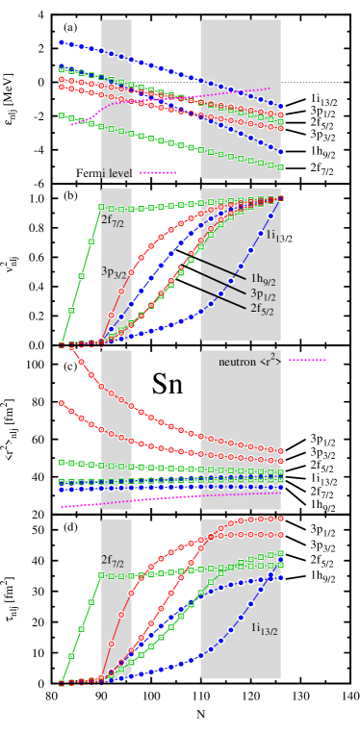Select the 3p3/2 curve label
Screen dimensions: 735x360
click(x=114, y=272)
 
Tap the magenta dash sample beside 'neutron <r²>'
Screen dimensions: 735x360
click(x=307, y=361)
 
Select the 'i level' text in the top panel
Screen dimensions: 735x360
click(x=116, y=173)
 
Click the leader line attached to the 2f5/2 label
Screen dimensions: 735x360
click(x=221, y=294)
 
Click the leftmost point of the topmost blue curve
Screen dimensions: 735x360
click(x=61, y=41)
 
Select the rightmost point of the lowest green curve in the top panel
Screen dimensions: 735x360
click(x=281, y=166)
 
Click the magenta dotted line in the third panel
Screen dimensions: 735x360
click(x=173, y=496)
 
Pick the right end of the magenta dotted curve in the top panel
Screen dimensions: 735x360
click(x=270, y=89)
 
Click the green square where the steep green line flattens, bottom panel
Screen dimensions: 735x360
click(x=101, y=575)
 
